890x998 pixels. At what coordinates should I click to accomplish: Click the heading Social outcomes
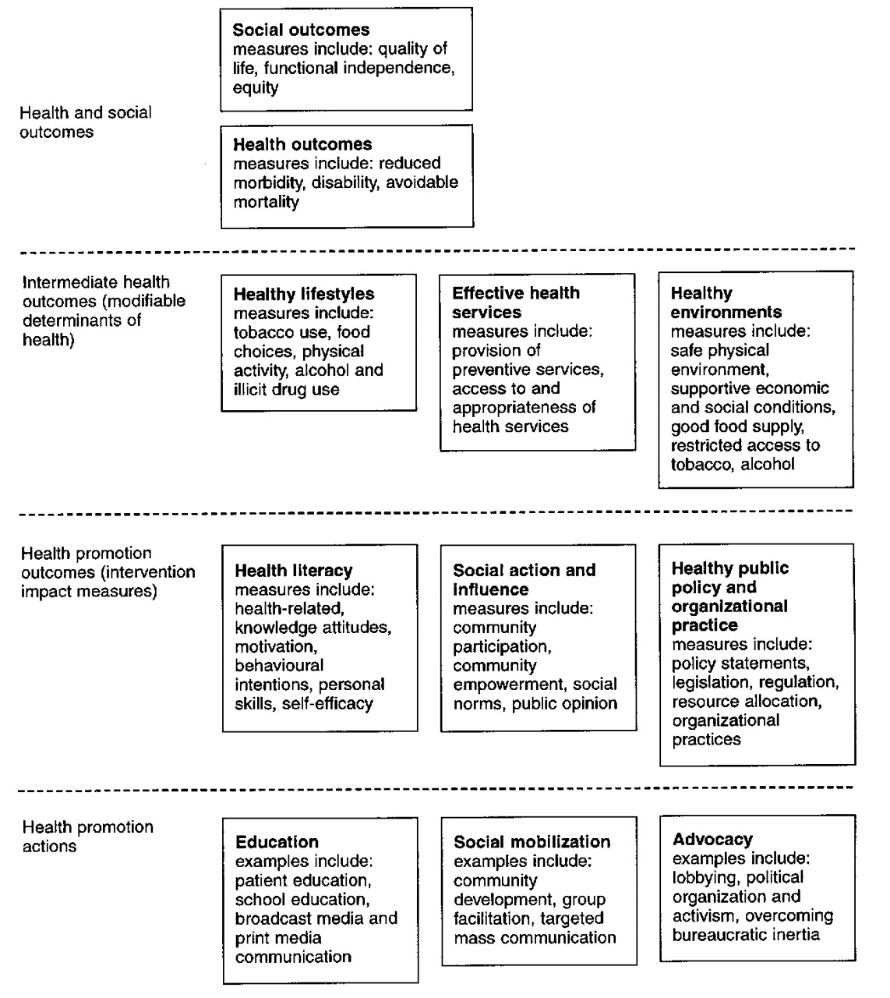(x=301, y=30)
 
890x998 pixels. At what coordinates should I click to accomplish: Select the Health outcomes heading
(x=302, y=144)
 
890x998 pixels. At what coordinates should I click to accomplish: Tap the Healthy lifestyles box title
(x=304, y=294)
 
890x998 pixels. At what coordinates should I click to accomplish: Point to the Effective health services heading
(x=516, y=303)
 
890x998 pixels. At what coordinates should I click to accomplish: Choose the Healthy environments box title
(x=726, y=303)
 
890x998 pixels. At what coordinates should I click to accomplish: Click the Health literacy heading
(x=294, y=571)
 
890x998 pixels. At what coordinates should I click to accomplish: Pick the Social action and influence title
(x=524, y=579)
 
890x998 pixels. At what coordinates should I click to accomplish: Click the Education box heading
(x=277, y=842)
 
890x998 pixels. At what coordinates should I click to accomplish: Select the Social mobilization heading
(x=532, y=842)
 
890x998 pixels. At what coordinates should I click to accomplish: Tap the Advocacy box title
(x=712, y=840)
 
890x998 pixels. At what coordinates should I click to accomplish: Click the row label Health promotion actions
(x=87, y=836)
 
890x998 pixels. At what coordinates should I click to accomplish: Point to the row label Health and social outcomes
(x=85, y=122)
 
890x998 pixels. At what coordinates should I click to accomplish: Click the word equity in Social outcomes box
(x=255, y=87)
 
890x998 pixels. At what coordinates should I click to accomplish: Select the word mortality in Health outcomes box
(x=266, y=202)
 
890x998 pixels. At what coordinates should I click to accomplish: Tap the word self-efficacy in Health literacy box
(x=327, y=703)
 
